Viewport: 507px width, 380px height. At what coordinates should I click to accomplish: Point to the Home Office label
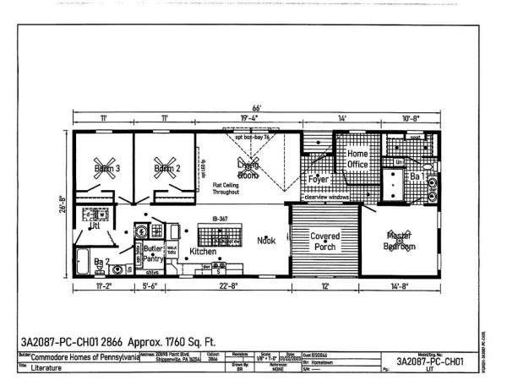(x=357, y=159)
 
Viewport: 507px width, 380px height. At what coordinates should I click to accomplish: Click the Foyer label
(x=318, y=179)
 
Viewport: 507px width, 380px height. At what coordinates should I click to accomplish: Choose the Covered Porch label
(x=325, y=241)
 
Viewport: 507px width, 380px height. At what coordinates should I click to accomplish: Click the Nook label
(x=266, y=241)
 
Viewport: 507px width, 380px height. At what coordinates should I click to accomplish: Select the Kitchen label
(x=203, y=252)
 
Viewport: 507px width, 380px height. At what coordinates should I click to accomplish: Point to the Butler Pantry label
(x=152, y=254)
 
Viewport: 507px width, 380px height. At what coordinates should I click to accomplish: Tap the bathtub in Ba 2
(x=84, y=259)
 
